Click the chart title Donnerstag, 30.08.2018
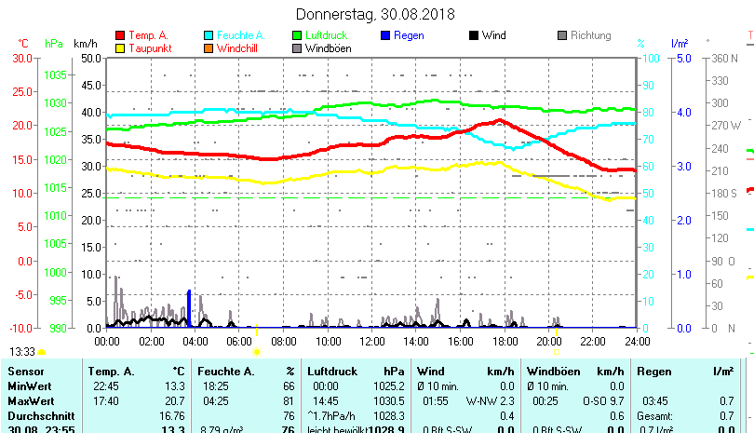pyautogui.click(x=375, y=14)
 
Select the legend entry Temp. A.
pyautogui.click(x=148, y=35)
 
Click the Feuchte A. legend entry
pyautogui.click(x=239, y=35)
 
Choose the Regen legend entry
pyautogui.click(x=411, y=35)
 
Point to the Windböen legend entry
pyautogui.click(x=327, y=48)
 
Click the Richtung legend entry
pyautogui.click(x=590, y=35)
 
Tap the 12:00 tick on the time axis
pyautogui.click(x=371, y=342)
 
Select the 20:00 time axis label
pyautogui.click(x=549, y=342)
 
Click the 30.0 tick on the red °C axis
pyautogui.click(x=22, y=58)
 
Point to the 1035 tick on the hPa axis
pyautogui.click(x=55, y=74)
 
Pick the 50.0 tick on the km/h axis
pyautogui.click(x=91, y=58)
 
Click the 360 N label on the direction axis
pyautogui.click(x=723, y=58)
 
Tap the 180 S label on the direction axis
pyautogui.click(x=723, y=193)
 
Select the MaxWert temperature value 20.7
pyautogui.click(x=174, y=400)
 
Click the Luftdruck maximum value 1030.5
pyautogui.click(x=388, y=400)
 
